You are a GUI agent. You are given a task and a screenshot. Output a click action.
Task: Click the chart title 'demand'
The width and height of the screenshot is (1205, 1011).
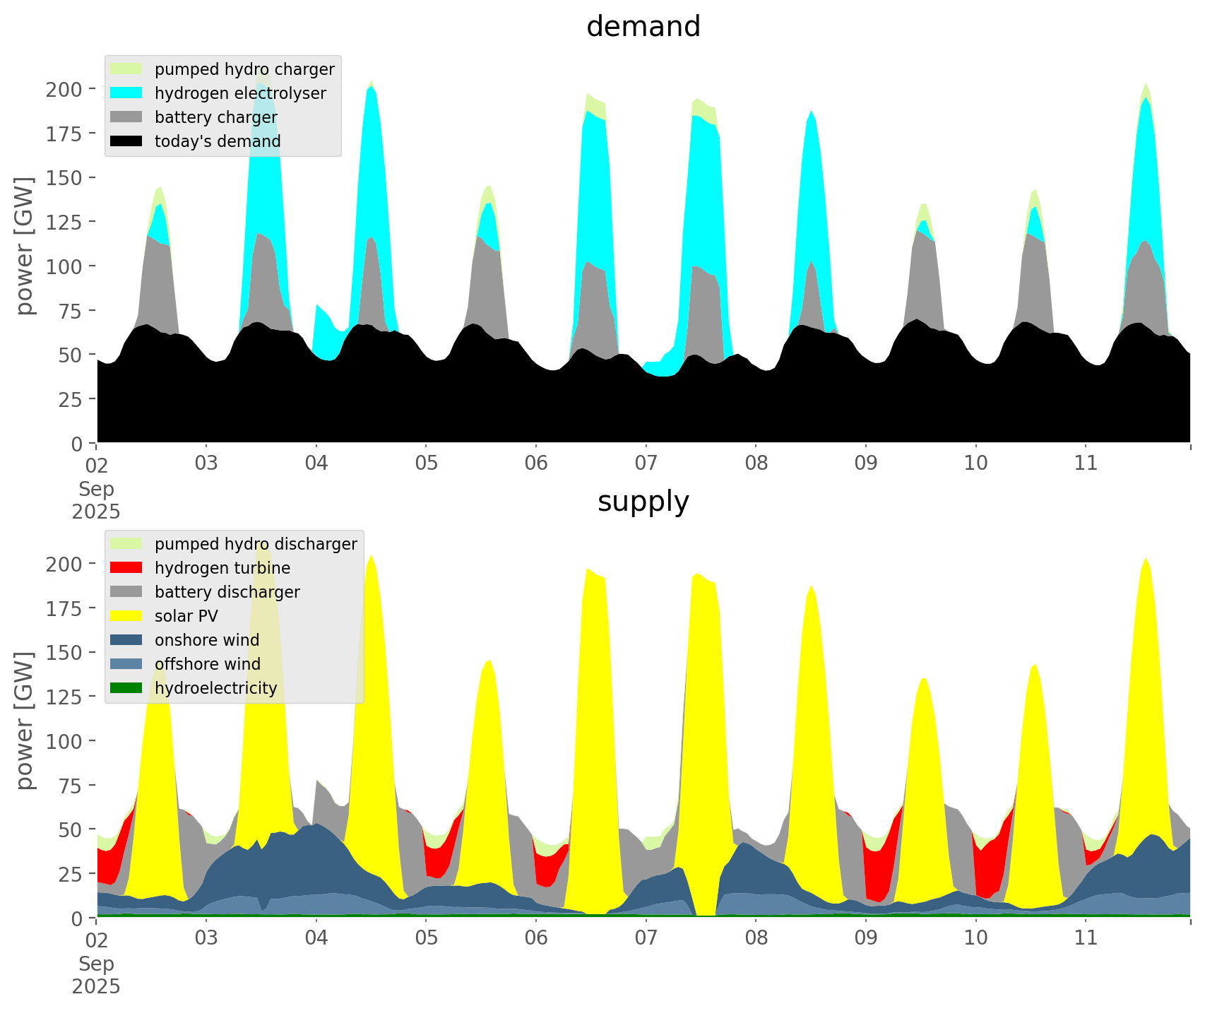(643, 27)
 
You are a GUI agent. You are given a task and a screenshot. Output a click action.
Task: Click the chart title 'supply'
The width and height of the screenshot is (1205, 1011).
(643, 502)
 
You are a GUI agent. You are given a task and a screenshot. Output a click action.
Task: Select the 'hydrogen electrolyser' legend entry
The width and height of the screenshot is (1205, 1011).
(240, 93)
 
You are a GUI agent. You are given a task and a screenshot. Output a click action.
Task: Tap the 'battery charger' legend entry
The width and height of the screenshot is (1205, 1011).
(215, 117)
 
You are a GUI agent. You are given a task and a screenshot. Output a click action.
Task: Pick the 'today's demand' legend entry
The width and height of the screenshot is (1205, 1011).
(218, 141)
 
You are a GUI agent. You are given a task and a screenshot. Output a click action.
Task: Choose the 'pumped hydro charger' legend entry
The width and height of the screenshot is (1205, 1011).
(244, 69)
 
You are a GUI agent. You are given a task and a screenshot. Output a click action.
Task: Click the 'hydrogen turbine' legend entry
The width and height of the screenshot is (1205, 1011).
(222, 568)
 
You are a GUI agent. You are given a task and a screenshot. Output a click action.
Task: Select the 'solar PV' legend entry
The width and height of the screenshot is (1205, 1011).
(186, 616)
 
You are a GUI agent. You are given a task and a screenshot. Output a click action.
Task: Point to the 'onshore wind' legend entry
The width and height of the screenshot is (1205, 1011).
(207, 640)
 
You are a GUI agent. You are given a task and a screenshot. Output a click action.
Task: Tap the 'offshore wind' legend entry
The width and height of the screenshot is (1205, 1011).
(208, 664)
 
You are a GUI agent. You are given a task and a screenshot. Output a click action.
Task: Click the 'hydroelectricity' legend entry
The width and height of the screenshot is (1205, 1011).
(215, 688)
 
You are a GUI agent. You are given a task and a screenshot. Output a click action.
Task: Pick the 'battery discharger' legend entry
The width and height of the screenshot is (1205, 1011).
(227, 592)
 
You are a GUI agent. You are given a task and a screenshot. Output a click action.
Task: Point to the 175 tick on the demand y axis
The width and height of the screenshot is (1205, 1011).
(64, 134)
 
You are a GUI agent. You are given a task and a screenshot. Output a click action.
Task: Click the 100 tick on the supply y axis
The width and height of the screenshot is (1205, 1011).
(64, 741)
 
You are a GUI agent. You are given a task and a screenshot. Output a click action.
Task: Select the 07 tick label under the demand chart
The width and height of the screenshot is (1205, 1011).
(646, 463)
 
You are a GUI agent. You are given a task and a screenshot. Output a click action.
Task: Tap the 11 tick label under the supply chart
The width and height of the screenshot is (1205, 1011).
(1086, 938)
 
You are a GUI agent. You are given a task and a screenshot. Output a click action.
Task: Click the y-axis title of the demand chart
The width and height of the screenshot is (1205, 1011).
(25, 246)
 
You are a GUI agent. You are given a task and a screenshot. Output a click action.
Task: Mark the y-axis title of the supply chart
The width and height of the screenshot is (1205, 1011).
(25, 721)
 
